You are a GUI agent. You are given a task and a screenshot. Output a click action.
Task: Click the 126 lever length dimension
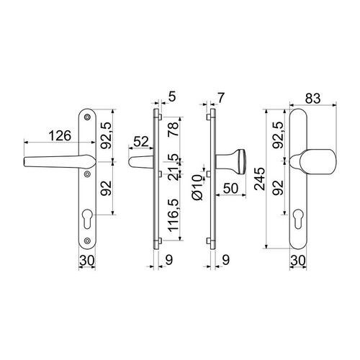point(60,136)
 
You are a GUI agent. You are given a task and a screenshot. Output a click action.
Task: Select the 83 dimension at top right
point(312,99)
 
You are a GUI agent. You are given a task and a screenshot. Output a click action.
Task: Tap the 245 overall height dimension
point(259,179)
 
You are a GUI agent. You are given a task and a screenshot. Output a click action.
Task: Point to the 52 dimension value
point(141,142)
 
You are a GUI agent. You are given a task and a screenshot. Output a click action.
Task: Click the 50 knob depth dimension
point(230,188)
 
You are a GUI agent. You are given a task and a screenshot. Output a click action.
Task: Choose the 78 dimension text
point(174,130)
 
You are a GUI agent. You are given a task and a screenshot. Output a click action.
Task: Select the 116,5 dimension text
point(174,215)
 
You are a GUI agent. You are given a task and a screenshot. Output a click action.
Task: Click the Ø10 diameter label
point(197,187)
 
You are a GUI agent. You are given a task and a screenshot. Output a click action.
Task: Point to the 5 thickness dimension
point(172,96)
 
